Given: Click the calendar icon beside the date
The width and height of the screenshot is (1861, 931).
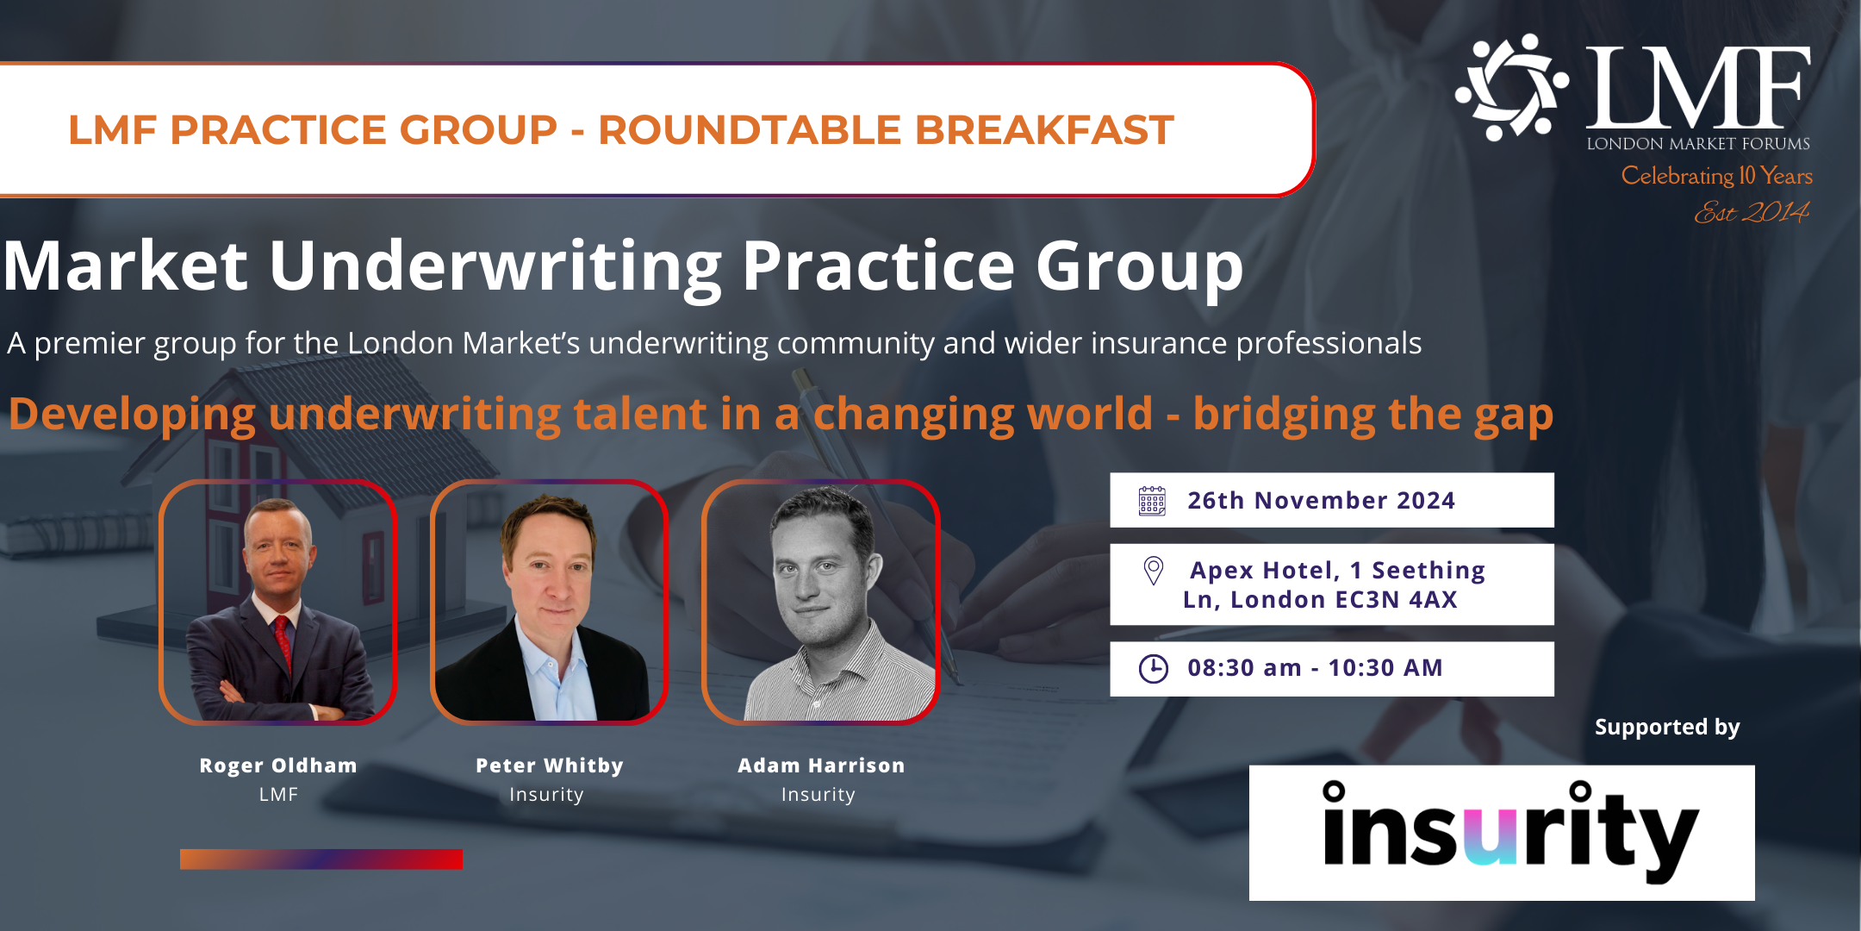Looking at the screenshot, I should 1152,501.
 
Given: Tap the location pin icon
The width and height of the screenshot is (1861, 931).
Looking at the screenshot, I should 1153,571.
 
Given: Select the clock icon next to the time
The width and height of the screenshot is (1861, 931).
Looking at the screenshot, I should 1154,669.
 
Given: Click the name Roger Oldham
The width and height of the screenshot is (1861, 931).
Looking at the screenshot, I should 278,765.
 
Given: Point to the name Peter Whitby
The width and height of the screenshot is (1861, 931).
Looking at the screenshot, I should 550,765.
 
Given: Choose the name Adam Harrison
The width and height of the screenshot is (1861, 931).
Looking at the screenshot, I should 821,765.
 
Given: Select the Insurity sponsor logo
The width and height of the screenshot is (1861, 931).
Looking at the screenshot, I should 1502,833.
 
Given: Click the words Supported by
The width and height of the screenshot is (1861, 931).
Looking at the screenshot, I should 1667,728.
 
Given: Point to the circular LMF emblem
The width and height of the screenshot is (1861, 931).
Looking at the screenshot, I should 1512,87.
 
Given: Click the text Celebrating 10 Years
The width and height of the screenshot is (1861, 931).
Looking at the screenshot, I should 1716,176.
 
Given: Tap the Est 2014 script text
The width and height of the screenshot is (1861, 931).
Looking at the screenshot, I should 1752,212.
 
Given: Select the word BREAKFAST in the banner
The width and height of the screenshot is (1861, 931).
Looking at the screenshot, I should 1044,130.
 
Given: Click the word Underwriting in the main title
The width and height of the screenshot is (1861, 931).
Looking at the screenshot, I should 495,266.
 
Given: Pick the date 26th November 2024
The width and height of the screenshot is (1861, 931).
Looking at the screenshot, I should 1321,501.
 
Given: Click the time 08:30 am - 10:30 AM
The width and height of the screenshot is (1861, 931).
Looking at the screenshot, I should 1315,668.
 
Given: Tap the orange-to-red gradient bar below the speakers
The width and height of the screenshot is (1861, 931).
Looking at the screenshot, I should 321,859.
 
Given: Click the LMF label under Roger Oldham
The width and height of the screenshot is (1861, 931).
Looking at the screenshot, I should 278,795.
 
